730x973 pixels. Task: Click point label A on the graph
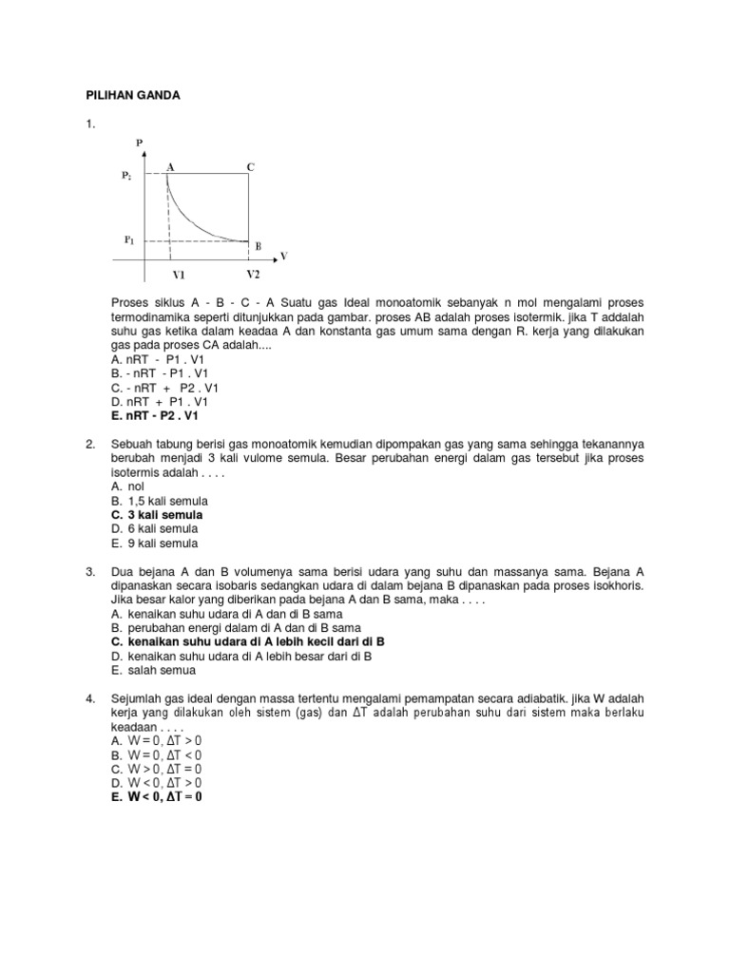(170, 166)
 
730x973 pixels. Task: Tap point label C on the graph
(251, 166)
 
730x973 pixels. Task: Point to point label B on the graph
(258, 245)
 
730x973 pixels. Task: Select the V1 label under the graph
(179, 275)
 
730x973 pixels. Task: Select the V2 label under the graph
(252, 275)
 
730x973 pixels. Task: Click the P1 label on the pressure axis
(129, 240)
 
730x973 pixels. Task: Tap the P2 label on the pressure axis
(128, 176)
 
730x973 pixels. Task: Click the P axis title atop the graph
(140, 143)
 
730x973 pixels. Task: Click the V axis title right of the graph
(283, 256)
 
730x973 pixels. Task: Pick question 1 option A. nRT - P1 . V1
(158, 361)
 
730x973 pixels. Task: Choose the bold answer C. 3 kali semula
(157, 515)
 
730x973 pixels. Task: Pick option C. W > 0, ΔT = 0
(156, 769)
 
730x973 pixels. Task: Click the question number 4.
(90, 699)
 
